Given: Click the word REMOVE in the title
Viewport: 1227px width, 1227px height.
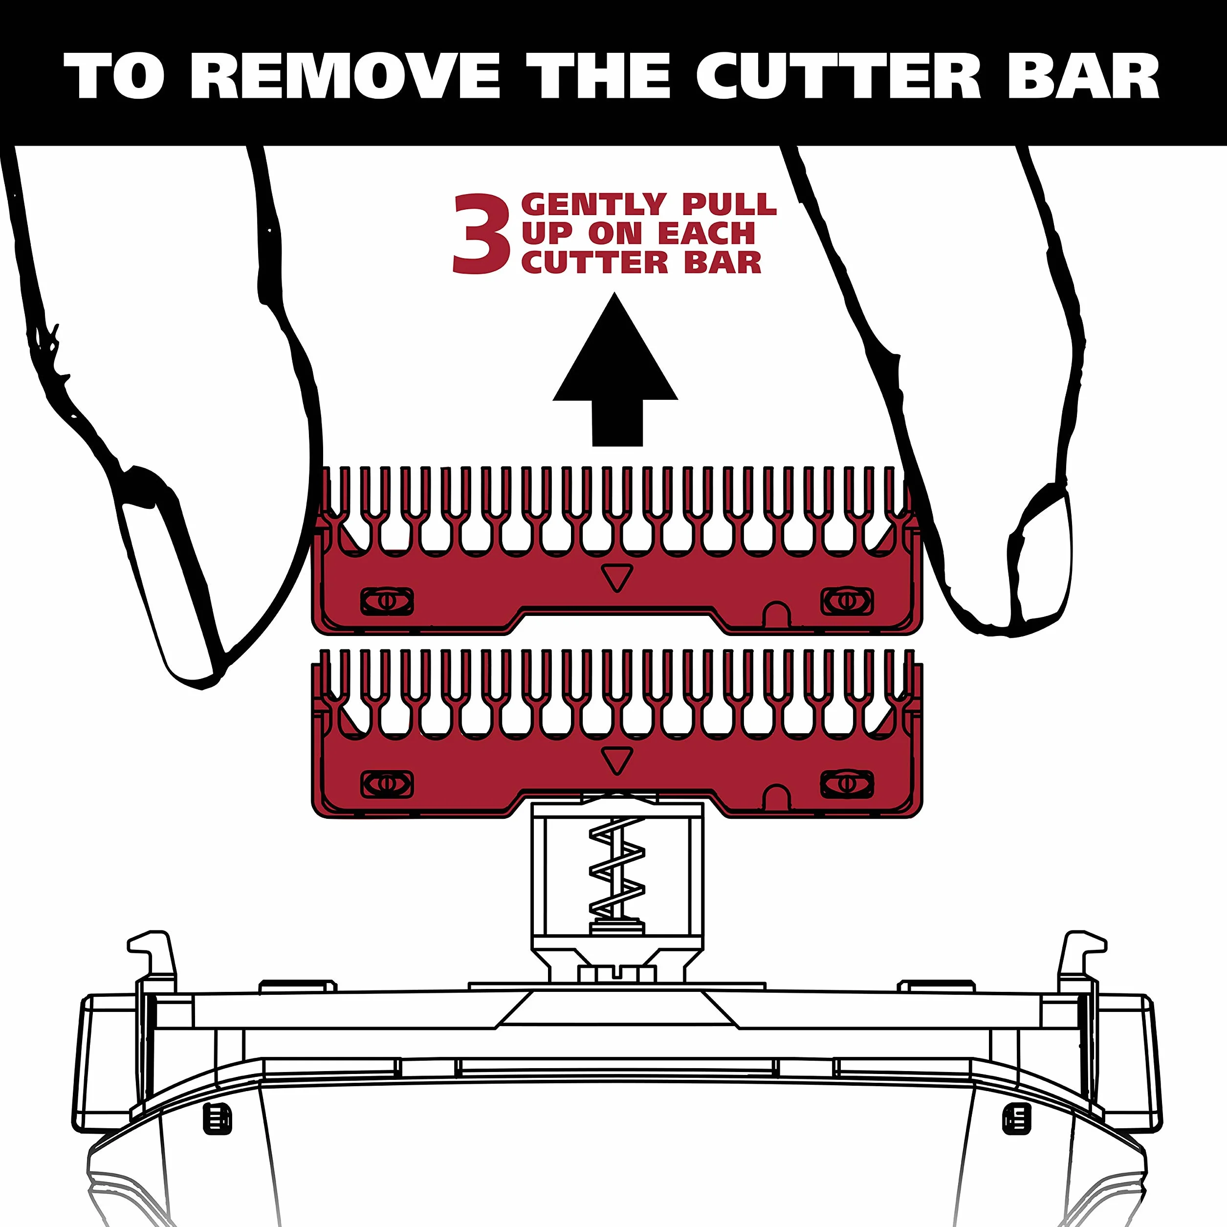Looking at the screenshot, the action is coord(346,76).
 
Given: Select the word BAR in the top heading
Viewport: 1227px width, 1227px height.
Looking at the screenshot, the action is coord(1083,76).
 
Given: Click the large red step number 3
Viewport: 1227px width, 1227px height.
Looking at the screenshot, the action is coord(482,234).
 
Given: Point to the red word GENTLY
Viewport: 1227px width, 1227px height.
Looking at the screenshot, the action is coord(593,204).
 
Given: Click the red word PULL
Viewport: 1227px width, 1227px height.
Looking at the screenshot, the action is coord(729,204).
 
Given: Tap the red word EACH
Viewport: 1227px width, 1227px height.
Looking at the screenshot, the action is coord(706,234).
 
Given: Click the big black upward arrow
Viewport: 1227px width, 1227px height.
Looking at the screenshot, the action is coord(615,370).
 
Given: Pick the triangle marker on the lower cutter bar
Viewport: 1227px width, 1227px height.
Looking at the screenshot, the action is coord(616,761).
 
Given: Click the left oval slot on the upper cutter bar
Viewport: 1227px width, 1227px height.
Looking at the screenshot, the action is coord(387,601).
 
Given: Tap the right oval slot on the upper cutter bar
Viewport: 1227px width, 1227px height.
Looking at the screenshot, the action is coord(847,601).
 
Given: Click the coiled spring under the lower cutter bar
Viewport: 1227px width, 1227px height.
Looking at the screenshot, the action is coord(616,873).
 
